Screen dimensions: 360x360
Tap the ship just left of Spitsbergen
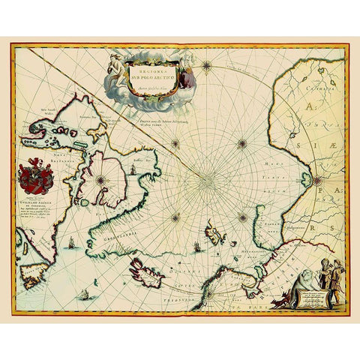(x=197, y=245)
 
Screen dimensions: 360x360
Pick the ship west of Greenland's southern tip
(x=69, y=242)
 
